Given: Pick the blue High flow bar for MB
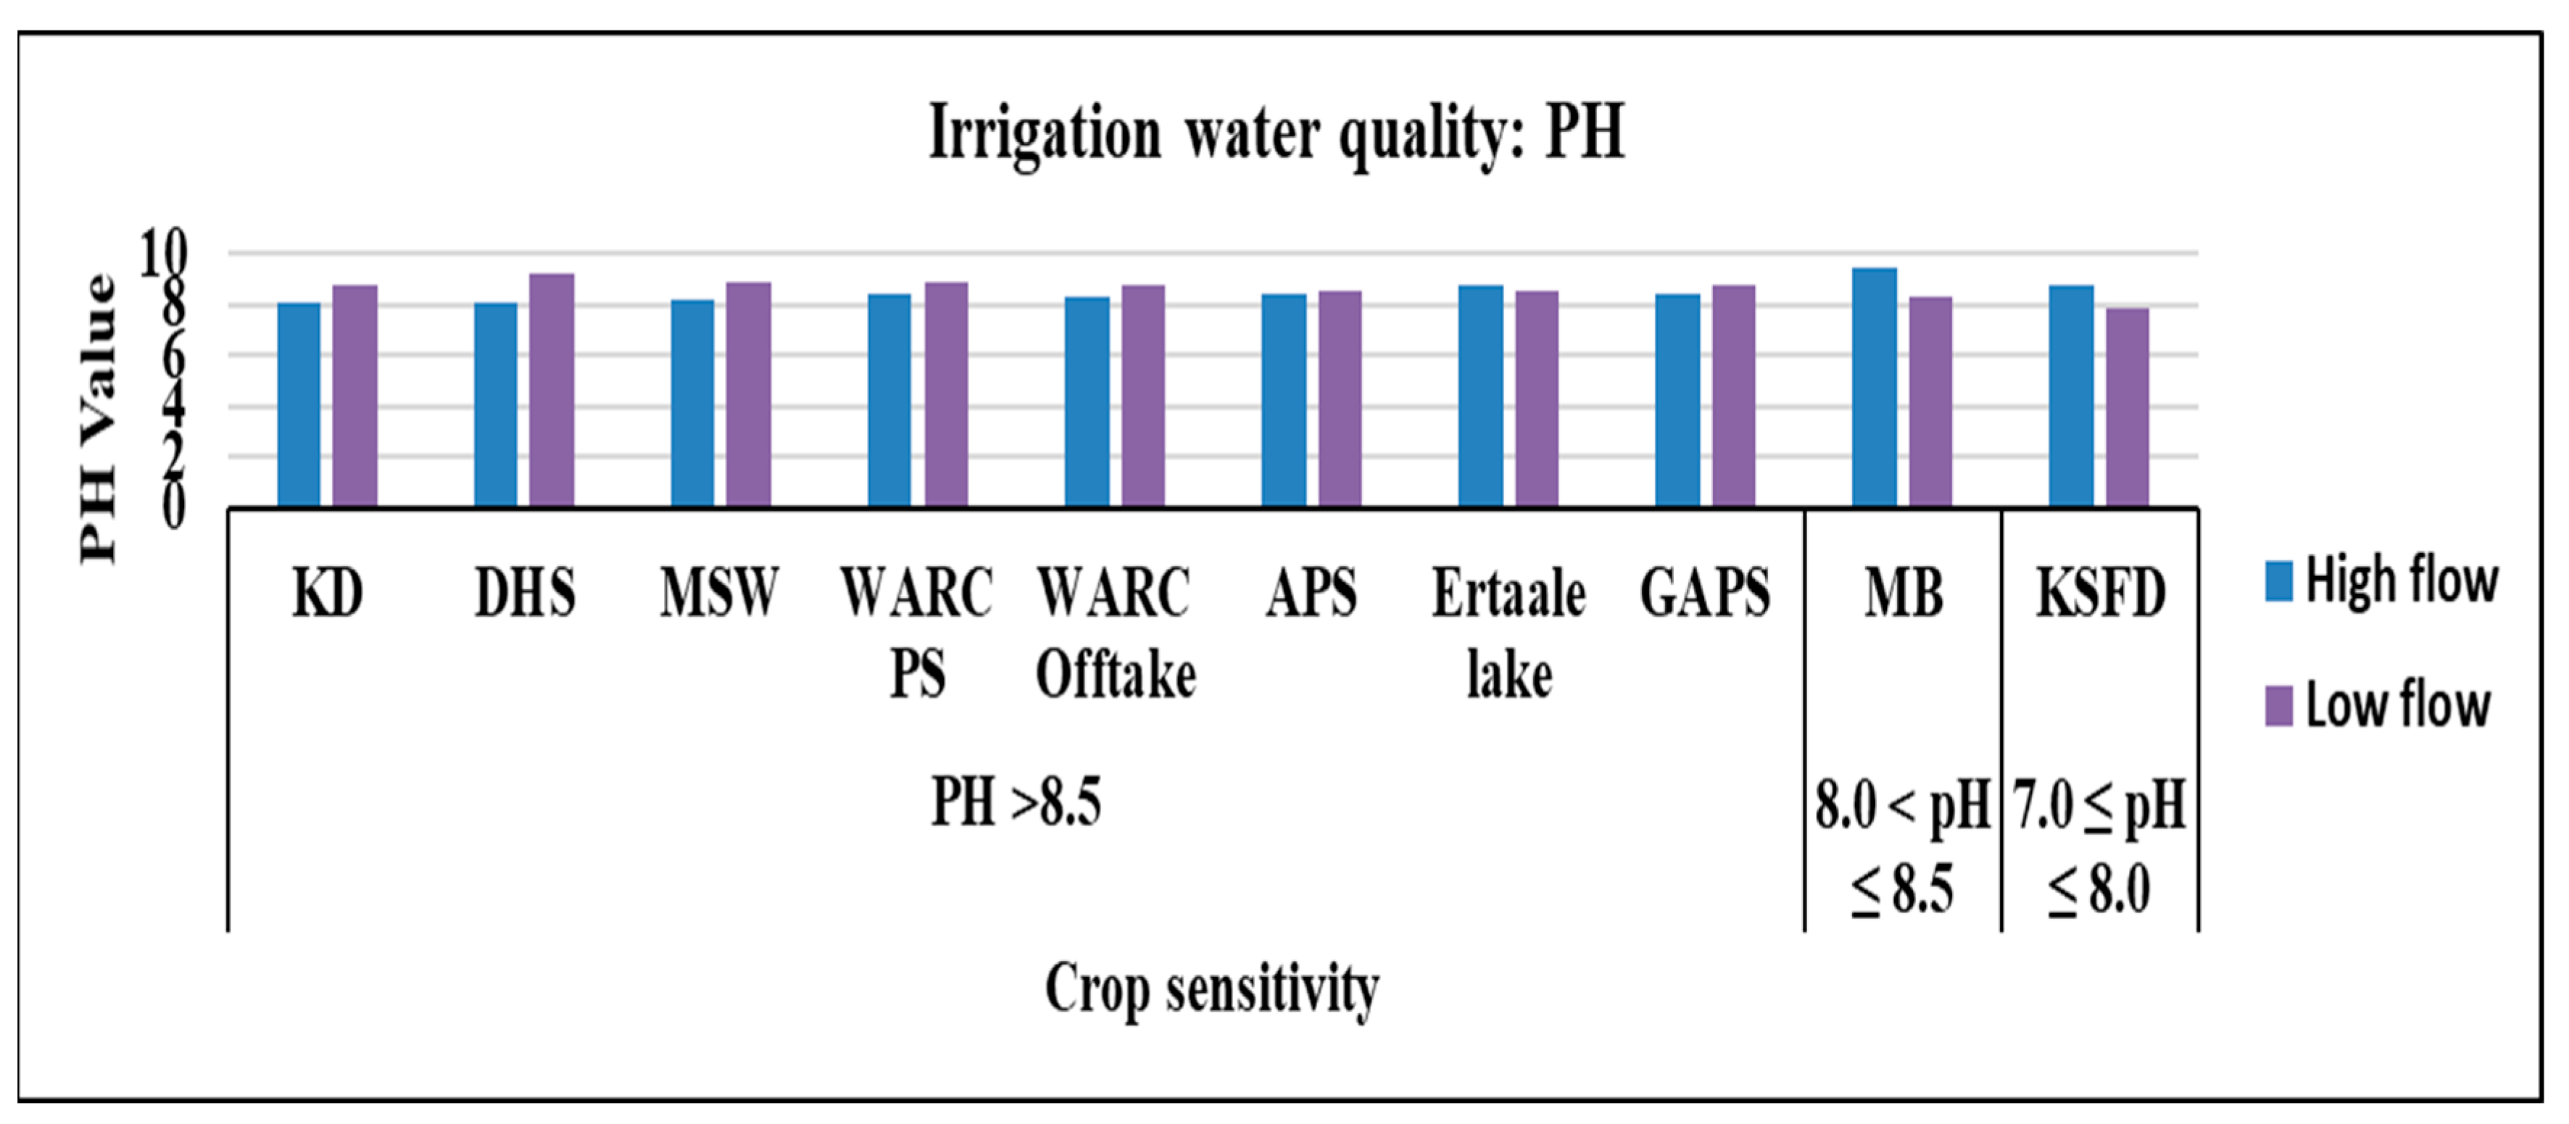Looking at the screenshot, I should click(x=1874, y=387).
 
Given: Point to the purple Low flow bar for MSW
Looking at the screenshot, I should click(x=748, y=394).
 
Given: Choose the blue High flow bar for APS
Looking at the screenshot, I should click(x=1284, y=400).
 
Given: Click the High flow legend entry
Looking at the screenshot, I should click(x=2381, y=580).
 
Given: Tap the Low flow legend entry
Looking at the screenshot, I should click(x=2378, y=705).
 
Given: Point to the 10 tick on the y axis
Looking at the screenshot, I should click(x=162, y=254).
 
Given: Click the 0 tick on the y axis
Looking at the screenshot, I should click(x=173, y=507).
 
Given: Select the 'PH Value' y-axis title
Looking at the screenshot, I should click(x=99, y=419).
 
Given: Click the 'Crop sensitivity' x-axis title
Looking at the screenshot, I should click(x=1212, y=988).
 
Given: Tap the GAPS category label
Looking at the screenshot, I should click(x=1704, y=592).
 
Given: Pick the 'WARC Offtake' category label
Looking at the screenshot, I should click(x=1115, y=633).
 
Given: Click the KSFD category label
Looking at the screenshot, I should click(x=2100, y=592).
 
